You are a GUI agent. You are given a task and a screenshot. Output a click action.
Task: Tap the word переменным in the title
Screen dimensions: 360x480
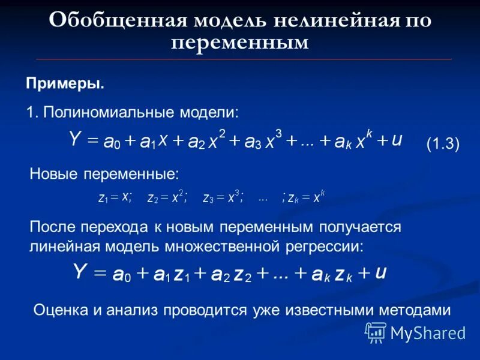[239, 43]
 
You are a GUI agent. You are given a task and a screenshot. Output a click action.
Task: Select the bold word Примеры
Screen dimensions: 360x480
[65, 83]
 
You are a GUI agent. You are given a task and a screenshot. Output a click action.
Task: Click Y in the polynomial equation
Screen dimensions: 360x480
[74, 140]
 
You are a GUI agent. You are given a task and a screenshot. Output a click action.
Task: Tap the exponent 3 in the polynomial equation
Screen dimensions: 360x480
[278, 133]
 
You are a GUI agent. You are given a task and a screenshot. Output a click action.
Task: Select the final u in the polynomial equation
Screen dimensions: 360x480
[397, 140]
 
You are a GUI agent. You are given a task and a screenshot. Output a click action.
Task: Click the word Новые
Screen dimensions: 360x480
[53, 175]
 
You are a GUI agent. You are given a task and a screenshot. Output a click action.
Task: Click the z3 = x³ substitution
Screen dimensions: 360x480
[223, 198]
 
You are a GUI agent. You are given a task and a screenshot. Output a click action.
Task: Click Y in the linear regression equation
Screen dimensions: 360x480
[81, 272]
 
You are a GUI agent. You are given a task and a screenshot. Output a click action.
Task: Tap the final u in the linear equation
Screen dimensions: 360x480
[380, 272]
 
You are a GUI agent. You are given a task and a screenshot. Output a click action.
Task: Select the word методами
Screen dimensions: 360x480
[414, 310]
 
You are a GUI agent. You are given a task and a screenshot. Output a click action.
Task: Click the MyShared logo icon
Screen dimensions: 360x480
[376, 332]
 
